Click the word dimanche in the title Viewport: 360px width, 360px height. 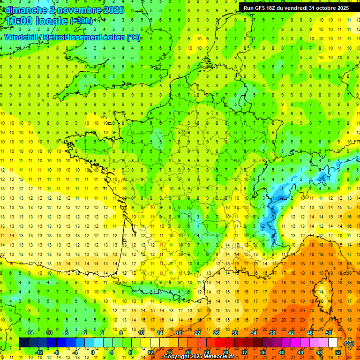pos(25,10)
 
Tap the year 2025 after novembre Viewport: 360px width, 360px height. pos(113,10)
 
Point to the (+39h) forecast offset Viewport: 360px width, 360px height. pos(81,21)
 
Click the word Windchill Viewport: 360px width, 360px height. pos(22,37)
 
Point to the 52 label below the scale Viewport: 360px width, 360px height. pos(337,352)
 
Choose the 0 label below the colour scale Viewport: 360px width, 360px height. pos(93,352)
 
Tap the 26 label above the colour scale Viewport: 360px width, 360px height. pos(216,333)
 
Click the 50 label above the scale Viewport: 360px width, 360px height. pos(328,333)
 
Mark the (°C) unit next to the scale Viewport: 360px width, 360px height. pos(349,343)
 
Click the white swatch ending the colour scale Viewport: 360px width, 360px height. pos(333,343)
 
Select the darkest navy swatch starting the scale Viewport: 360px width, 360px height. pos(23,343)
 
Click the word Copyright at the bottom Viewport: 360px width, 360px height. pos(178,357)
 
